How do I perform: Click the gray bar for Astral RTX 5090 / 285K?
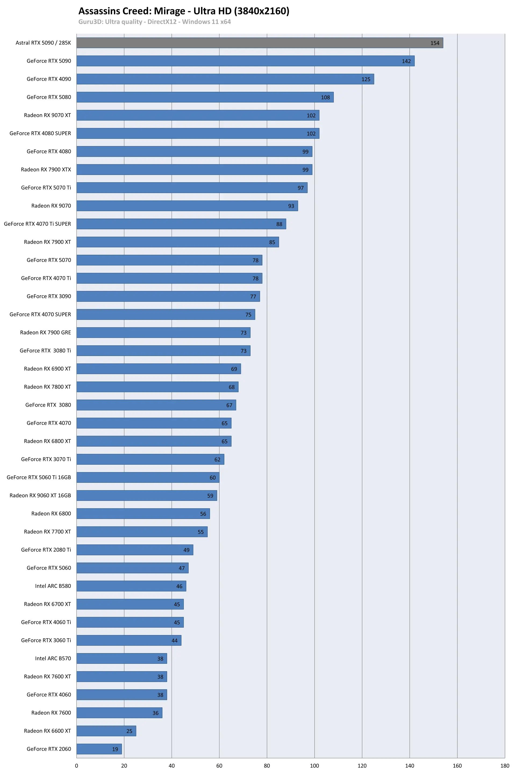260,43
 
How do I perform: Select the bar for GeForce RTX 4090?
225,79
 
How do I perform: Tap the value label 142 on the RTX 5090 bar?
406,61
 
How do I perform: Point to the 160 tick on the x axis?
457,766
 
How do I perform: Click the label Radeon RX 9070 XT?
47,115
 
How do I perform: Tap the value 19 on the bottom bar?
115,749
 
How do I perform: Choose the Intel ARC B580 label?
53,586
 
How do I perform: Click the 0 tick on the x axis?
77,766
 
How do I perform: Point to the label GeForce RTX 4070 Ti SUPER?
38,224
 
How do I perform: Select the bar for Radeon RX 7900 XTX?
194,170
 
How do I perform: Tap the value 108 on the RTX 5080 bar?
325,97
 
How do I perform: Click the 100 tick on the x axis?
314,766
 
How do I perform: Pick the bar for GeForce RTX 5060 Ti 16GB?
148,477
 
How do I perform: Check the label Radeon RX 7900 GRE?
45,332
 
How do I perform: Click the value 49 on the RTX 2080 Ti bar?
186,550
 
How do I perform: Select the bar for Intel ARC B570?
122,658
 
